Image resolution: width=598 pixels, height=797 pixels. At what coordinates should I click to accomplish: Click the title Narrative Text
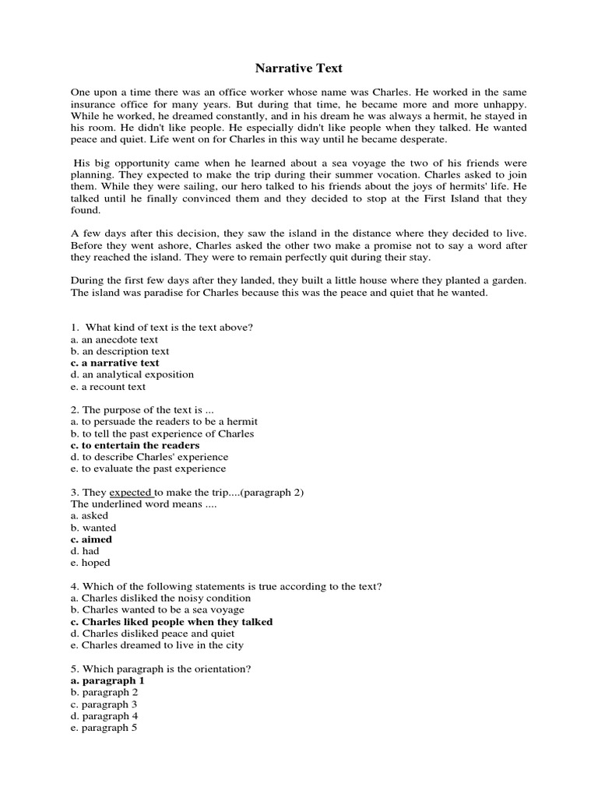(x=299, y=68)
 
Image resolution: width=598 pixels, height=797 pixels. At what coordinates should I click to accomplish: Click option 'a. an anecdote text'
(x=114, y=339)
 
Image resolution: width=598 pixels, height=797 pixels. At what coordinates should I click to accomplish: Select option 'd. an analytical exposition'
(x=132, y=374)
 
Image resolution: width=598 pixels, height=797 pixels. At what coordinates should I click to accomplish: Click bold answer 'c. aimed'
(x=91, y=539)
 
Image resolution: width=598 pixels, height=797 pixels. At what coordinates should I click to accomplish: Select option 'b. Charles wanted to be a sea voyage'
(x=157, y=610)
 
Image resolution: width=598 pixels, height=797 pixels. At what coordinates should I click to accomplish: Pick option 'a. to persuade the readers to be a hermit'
(x=164, y=422)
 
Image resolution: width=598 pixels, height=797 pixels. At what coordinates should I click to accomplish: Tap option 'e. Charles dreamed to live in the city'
(x=157, y=645)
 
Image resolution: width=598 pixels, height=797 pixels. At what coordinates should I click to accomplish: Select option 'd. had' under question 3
(x=85, y=551)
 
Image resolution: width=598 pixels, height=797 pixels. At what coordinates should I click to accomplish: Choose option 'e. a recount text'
(x=108, y=386)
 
